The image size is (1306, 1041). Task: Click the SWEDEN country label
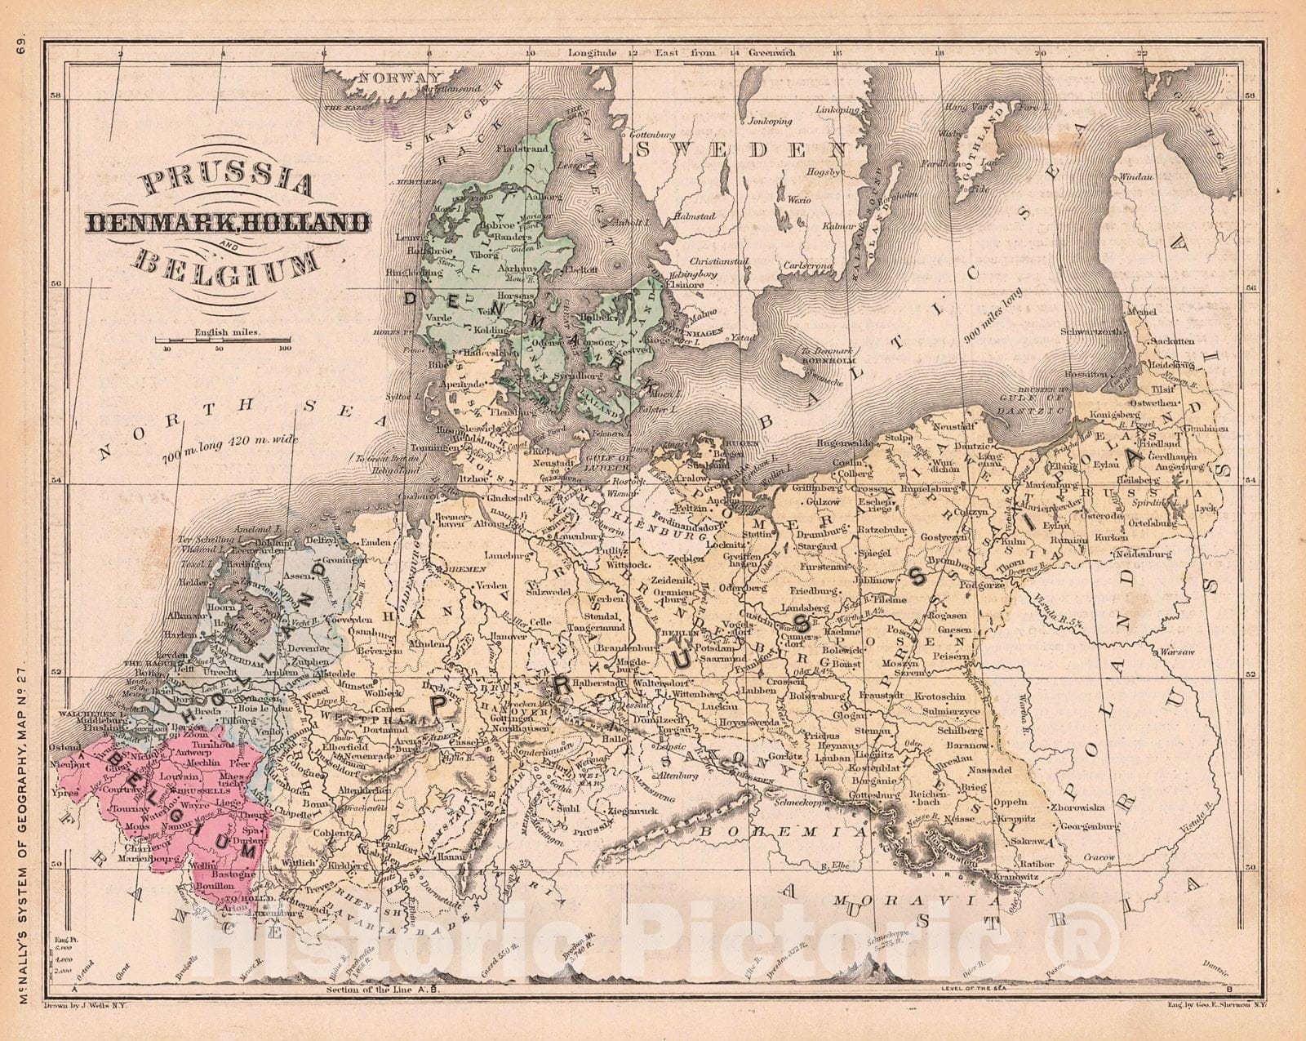pyautogui.click(x=740, y=149)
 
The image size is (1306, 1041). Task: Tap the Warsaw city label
pyautogui.click(x=1176, y=652)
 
